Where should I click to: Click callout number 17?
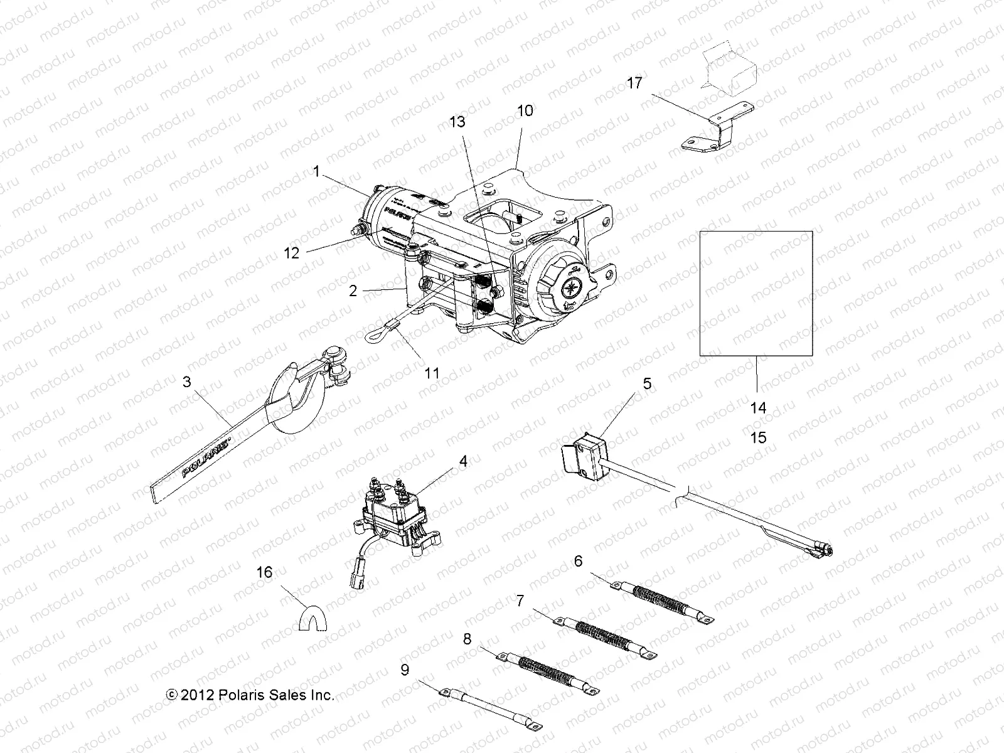click(634, 83)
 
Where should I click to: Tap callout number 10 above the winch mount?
click(525, 111)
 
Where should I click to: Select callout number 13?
click(457, 122)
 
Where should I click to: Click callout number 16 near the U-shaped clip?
click(265, 573)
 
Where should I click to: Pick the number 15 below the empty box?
click(759, 437)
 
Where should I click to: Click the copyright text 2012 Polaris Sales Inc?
click(250, 695)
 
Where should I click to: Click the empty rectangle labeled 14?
click(756, 294)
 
